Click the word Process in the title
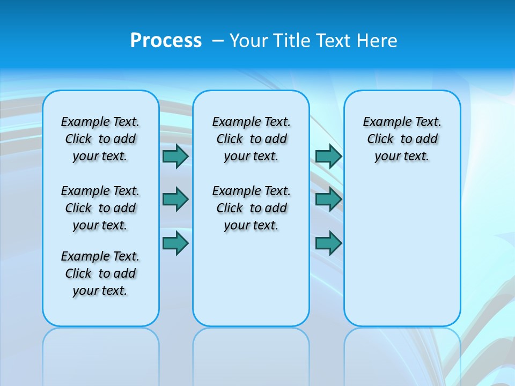coord(166,40)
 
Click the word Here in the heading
coord(378,41)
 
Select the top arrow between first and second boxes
coord(175,157)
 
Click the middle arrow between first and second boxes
coord(175,199)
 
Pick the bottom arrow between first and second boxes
coord(175,243)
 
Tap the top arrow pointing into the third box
coord(328,157)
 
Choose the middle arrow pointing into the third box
coord(328,199)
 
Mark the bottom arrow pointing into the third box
coord(328,243)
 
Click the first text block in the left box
coord(100,139)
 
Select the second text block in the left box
coord(100,208)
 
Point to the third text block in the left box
coord(100,273)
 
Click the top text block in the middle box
coord(251,139)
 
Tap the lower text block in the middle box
coord(251,208)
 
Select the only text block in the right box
coord(402,139)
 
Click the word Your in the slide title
coord(249,41)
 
